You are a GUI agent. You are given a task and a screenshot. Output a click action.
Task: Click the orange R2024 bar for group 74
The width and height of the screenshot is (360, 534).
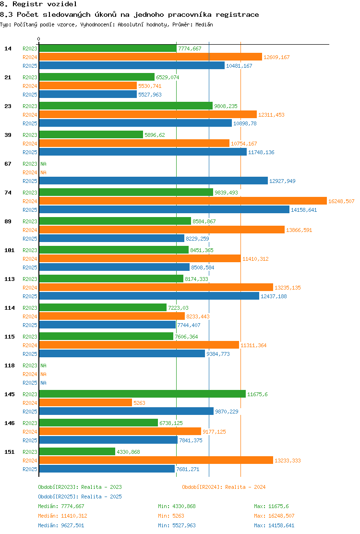pyautogui.click(x=183, y=201)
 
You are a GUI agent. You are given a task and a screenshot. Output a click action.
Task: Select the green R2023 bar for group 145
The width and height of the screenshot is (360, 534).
pyautogui.click(x=142, y=394)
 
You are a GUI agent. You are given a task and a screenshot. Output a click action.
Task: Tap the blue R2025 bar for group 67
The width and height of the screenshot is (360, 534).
pyautogui.click(x=154, y=181)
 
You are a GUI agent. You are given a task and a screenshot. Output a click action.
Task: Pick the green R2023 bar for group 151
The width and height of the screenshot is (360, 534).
pyautogui.click(x=77, y=451)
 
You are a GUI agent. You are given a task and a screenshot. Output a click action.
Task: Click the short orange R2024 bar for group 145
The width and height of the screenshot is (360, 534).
pyautogui.click(x=85, y=403)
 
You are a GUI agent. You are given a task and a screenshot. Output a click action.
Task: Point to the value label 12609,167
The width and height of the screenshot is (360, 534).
pyautogui.click(x=276, y=57)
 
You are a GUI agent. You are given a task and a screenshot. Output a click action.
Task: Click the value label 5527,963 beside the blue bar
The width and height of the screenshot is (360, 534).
pyautogui.click(x=150, y=95)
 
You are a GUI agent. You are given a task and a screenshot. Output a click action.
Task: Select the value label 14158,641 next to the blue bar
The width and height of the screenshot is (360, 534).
pyautogui.click(x=304, y=210)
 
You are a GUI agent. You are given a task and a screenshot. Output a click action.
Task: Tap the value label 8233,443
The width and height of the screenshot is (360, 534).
pyautogui.click(x=198, y=317)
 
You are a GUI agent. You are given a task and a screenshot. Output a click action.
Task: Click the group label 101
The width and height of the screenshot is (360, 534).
pyautogui.click(x=10, y=250)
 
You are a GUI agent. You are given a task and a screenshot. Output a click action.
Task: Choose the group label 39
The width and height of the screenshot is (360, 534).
pyautogui.click(x=8, y=135)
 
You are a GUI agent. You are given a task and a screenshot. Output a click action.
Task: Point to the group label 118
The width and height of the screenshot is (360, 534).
pyautogui.click(x=10, y=366)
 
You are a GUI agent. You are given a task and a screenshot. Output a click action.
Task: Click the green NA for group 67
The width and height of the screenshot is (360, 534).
pyautogui.click(x=44, y=164)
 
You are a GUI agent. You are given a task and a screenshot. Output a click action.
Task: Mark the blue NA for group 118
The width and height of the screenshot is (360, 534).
pyautogui.click(x=44, y=383)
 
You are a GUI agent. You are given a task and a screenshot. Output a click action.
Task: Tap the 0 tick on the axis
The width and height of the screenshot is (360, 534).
pyautogui.click(x=38, y=39)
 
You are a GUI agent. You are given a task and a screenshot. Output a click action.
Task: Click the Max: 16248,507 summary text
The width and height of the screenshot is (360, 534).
pyautogui.click(x=274, y=516)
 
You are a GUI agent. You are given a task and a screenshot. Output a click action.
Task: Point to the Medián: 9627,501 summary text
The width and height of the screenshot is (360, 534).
pyautogui.click(x=61, y=525)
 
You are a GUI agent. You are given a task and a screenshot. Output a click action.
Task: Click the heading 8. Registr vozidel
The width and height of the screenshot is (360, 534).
pyautogui.click(x=38, y=4)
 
